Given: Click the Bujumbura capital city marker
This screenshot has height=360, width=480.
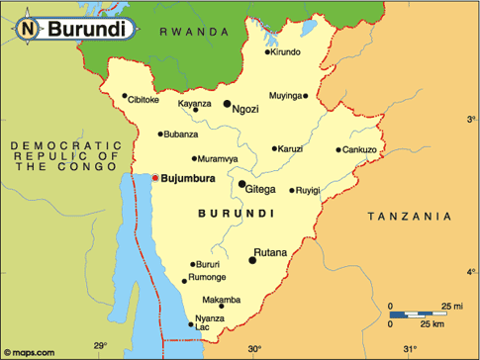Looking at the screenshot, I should [154, 178].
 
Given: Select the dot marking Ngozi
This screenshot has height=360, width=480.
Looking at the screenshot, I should [227, 103].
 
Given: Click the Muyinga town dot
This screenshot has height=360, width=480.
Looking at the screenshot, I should [306, 96].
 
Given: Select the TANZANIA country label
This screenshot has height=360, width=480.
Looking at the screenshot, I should [409, 216].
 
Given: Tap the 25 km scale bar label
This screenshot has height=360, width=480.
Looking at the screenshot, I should [432, 323].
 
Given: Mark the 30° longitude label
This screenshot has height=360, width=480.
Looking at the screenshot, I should [254, 348].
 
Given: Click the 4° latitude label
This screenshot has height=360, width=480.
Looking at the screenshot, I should [471, 271].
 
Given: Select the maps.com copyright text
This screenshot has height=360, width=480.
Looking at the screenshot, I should [34, 350].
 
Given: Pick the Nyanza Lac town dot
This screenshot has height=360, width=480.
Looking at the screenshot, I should [191, 323].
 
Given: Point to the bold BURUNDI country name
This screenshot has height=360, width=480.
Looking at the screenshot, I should [236, 213].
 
